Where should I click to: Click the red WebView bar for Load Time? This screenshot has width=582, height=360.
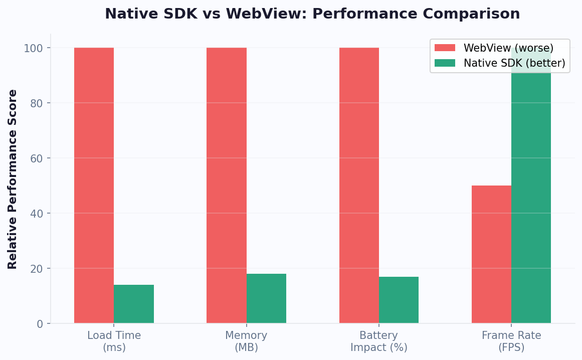pyautogui.click(x=94, y=186)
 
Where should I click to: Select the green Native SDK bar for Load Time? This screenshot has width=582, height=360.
pyautogui.click(x=134, y=304)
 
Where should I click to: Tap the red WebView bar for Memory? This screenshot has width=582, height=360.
pyautogui.click(x=226, y=186)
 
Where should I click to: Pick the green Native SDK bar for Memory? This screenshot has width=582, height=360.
pyautogui.click(x=266, y=298)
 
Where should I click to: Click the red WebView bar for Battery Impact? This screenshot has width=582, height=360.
pyautogui.click(x=359, y=186)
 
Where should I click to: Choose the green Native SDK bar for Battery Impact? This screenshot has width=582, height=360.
pyautogui.click(x=399, y=300)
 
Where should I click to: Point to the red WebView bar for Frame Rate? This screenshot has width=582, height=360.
pyautogui.click(x=491, y=254)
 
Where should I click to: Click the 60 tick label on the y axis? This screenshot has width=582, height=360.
pyautogui.click(x=36, y=158)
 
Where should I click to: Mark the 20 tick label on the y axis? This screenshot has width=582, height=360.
pyautogui.click(x=36, y=269)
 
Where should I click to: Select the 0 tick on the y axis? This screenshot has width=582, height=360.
pyautogui.click(x=40, y=324)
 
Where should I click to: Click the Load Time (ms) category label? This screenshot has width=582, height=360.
pyautogui.click(x=114, y=341)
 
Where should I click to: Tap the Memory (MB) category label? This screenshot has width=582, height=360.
pyautogui.click(x=246, y=341)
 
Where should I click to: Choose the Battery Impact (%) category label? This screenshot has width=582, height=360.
pyautogui.click(x=378, y=341)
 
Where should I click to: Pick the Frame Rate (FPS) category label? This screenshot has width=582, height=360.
pyautogui.click(x=511, y=341)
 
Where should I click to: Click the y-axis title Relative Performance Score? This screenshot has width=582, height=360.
pyautogui.click(x=13, y=179)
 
